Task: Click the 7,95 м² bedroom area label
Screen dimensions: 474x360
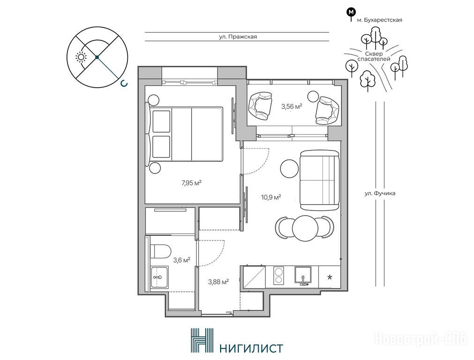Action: click(x=192, y=183)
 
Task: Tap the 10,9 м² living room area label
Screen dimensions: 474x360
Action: click(x=271, y=197)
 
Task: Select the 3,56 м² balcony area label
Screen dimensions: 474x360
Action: click(x=292, y=106)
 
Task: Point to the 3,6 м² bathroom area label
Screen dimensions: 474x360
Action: click(x=181, y=260)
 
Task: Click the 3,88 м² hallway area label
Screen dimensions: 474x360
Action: click(x=218, y=282)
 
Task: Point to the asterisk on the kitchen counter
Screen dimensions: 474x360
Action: click(x=330, y=277)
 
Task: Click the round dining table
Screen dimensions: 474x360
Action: click(x=305, y=228)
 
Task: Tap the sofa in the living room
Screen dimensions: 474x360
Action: click(x=320, y=180)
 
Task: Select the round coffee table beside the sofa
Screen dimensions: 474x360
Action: click(x=289, y=168)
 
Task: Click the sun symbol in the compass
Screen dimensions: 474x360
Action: click(x=81, y=57)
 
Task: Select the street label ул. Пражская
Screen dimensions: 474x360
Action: click(x=238, y=37)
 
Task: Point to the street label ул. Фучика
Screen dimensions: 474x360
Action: click(x=380, y=193)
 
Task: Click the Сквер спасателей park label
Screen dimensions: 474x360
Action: click(x=374, y=57)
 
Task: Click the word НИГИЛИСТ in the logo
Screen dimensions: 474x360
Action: click(x=251, y=348)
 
